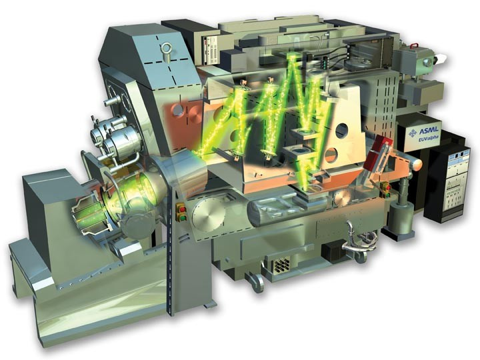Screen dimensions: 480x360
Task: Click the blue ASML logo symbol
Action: tap(413, 133)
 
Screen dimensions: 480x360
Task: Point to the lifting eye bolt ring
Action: tap(167, 48)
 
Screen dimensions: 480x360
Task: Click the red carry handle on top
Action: tap(415, 45)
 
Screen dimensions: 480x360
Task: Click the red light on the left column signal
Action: tap(183, 209)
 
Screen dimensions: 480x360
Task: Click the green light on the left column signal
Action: tap(183, 217)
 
